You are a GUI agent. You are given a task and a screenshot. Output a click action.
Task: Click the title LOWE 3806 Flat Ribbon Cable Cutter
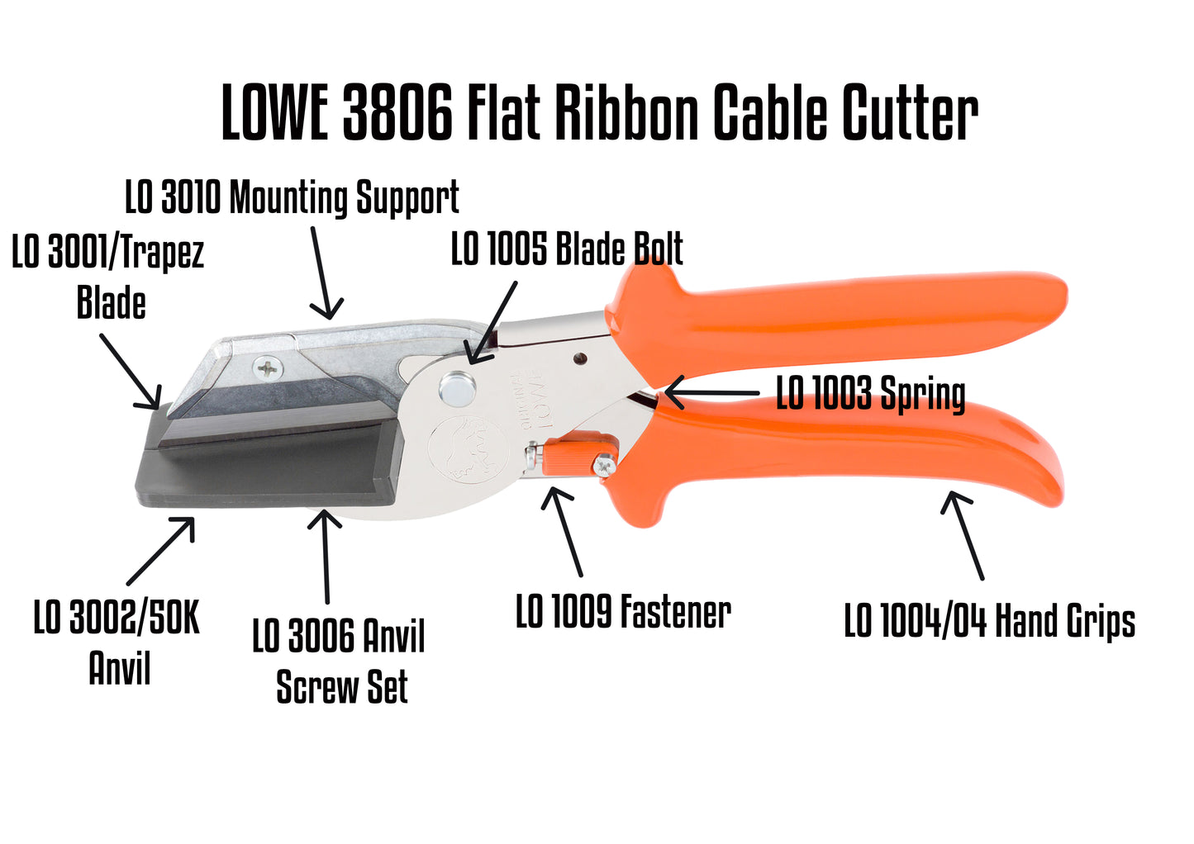[600, 113]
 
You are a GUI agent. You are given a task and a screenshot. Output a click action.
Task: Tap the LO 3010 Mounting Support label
[292, 198]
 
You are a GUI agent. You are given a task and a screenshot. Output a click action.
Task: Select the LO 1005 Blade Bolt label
[567, 249]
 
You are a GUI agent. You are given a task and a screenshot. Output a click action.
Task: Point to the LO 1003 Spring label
[870, 393]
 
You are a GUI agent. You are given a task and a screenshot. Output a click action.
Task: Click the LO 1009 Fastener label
[623, 612]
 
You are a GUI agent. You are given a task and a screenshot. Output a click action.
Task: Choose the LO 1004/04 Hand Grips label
[989, 621]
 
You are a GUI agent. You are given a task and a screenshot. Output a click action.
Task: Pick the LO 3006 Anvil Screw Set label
[340, 661]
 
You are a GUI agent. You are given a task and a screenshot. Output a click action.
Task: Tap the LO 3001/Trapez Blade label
[108, 277]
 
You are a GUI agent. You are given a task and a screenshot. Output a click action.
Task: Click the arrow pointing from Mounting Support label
[325, 273]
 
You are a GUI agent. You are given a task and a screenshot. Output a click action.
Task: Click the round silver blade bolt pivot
[457, 387]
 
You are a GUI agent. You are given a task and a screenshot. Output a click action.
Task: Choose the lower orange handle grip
[851, 446]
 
